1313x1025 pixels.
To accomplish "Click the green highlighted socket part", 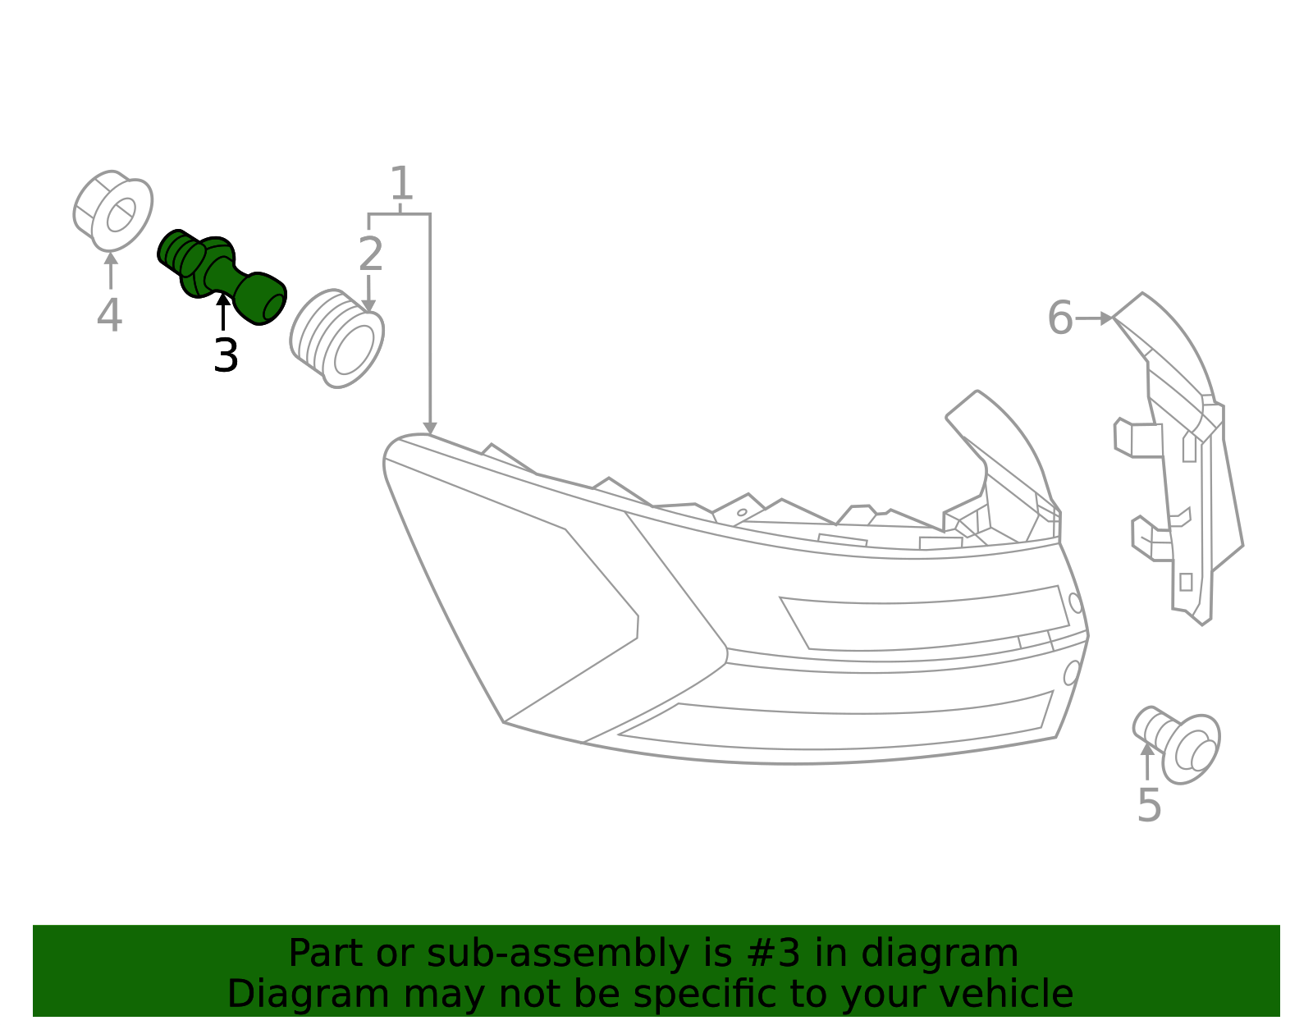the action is pyautogui.click(x=220, y=275).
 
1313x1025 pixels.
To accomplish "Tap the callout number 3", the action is pyautogui.click(x=226, y=356).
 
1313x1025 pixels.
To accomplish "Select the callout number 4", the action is pyautogui.click(x=109, y=316).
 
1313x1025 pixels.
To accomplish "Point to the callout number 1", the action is pyautogui.click(x=400, y=184).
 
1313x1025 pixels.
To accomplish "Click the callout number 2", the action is pyautogui.click(x=371, y=255).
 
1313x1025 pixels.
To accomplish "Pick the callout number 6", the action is pyautogui.click(x=1060, y=318).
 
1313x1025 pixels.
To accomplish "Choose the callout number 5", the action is pyautogui.click(x=1149, y=805).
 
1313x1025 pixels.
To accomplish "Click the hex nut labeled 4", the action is pyautogui.click(x=113, y=211).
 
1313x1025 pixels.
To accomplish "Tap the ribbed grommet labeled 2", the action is pyautogui.click(x=337, y=338).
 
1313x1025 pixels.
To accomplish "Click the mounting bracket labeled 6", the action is pyautogui.click(x=1182, y=460).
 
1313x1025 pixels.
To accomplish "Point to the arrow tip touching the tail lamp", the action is pyautogui.click(x=429, y=429).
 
